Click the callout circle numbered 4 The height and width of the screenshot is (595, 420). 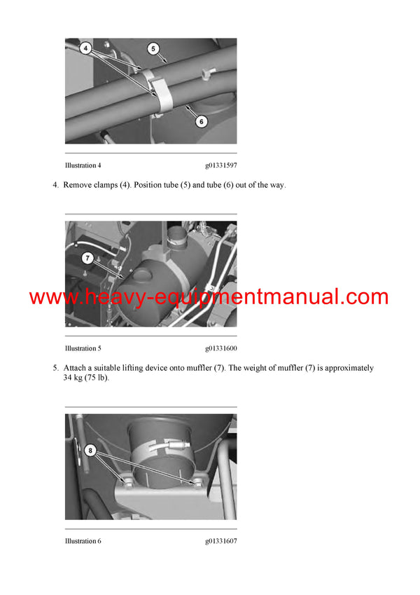[x=85, y=50]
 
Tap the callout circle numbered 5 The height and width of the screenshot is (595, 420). [x=153, y=49]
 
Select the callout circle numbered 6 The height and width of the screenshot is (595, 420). [x=201, y=121]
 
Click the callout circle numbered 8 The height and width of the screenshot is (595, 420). [x=90, y=451]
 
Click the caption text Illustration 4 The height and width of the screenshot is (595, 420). [x=83, y=165]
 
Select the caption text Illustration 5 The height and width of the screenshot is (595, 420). [x=83, y=348]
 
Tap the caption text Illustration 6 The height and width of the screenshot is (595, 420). [x=83, y=541]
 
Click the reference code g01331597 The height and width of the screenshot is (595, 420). [x=220, y=165]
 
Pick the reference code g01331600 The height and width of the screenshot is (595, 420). [x=220, y=348]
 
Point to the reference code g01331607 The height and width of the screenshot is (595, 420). [x=220, y=541]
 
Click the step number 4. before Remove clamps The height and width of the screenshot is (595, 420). [x=55, y=185]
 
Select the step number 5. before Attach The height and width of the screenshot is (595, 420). [x=55, y=368]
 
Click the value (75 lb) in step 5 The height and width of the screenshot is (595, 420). [x=97, y=378]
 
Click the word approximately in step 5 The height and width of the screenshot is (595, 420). [x=348, y=368]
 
